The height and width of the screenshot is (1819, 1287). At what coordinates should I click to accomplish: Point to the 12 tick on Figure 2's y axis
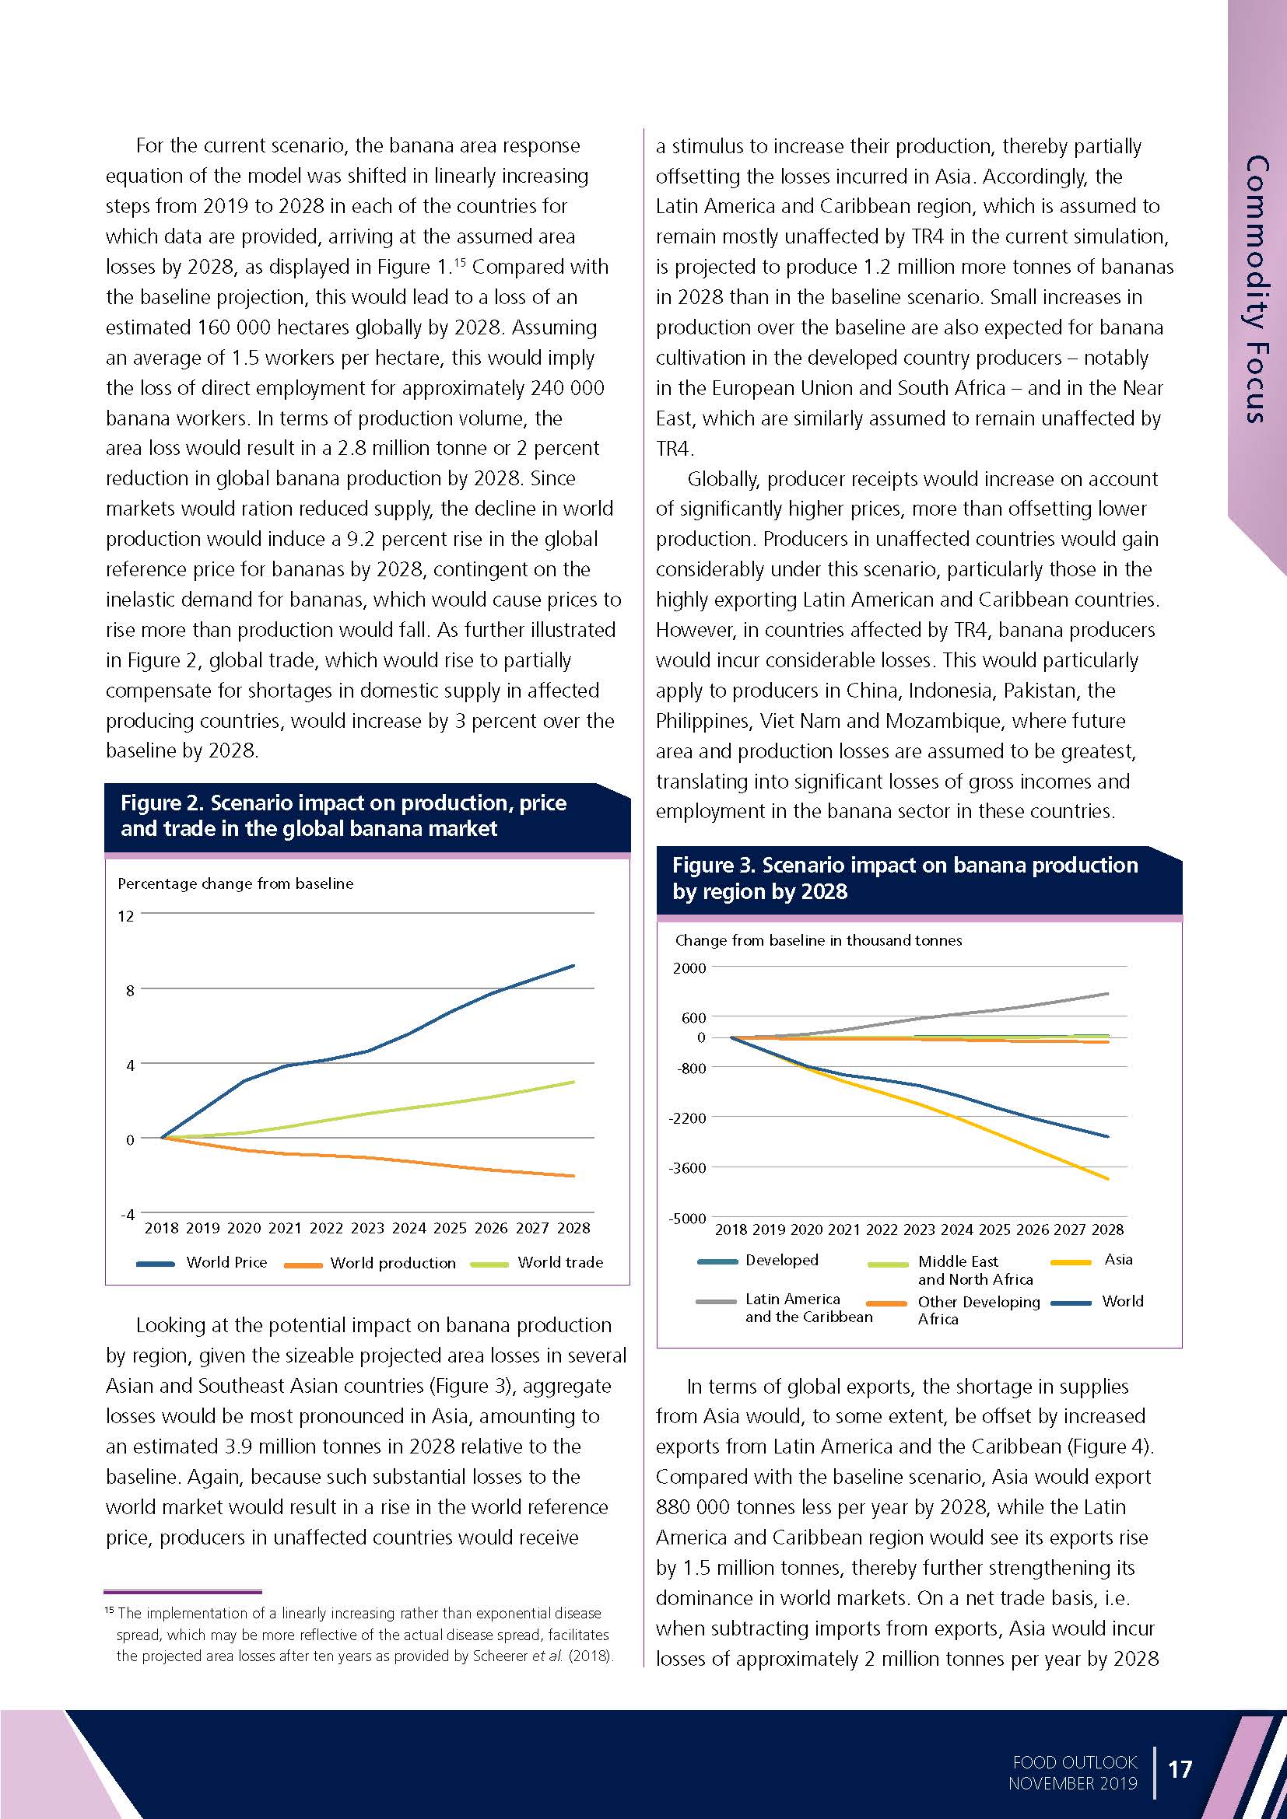tap(126, 917)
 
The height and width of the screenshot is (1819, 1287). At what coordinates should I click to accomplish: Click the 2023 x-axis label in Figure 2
tap(367, 1228)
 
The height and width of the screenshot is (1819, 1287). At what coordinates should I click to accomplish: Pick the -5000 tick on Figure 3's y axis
tap(687, 1219)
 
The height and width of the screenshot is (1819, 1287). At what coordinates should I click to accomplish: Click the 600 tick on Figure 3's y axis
tap(693, 1017)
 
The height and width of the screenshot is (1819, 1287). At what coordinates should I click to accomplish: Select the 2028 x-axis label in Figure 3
tap(1107, 1230)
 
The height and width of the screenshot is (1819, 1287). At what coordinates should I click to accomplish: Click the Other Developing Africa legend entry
tap(978, 1310)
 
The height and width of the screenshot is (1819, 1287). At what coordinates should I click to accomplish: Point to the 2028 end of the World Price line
tap(573, 966)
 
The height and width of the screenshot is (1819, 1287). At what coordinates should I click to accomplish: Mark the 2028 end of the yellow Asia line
tap(1107, 1179)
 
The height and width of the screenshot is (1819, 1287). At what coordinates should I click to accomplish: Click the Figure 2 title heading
tap(343, 815)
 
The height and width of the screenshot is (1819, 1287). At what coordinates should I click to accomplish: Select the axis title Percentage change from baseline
tap(235, 883)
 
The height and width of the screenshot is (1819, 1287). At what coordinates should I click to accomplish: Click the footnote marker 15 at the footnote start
tap(110, 1611)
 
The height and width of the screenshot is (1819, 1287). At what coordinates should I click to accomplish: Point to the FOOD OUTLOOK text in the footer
tap(1074, 1762)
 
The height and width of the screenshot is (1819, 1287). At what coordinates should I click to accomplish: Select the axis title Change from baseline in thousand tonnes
tap(818, 940)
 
